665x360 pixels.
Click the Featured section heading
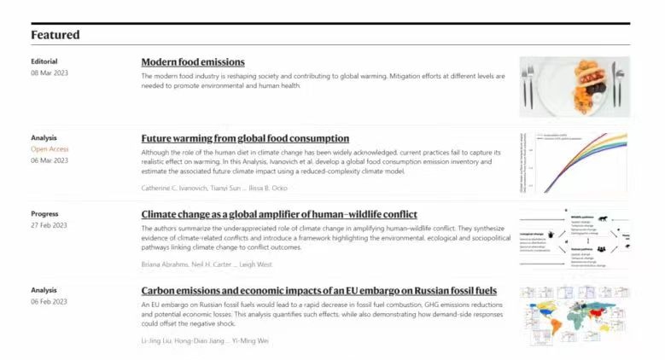[55, 35]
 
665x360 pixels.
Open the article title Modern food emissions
[193, 62]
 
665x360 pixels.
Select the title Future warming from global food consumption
[245, 138]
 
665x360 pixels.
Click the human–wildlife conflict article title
[279, 214]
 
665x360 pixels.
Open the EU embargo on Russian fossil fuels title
[318, 291]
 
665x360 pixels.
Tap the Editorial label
[44, 61]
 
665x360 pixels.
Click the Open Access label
[50, 148]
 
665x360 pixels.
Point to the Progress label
[45, 213]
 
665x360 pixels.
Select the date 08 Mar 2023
[50, 73]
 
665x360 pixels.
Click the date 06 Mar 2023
[50, 160]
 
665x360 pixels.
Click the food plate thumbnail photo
[575, 86]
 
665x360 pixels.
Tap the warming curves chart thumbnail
[575, 163]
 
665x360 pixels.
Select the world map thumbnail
[575, 316]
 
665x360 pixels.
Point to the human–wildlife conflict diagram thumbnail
[575, 240]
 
